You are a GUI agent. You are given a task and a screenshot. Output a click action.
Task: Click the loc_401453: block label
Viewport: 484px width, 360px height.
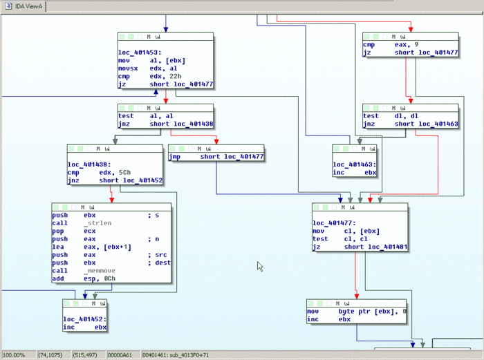tap(140, 51)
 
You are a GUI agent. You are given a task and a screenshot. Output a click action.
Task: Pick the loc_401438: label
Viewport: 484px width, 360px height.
tap(90, 164)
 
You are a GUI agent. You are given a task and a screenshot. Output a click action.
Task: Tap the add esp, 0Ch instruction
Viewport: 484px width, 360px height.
tap(83, 278)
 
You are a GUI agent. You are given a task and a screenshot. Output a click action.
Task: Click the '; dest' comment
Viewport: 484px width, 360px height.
tap(158, 263)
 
